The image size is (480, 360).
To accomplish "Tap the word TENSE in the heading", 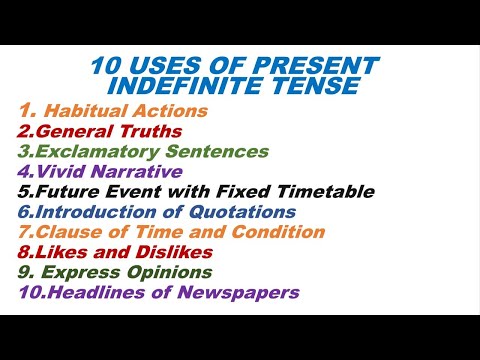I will pyautogui.click(x=319, y=87).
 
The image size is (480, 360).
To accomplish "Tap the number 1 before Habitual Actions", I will pyautogui.click(x=25, y=109).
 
